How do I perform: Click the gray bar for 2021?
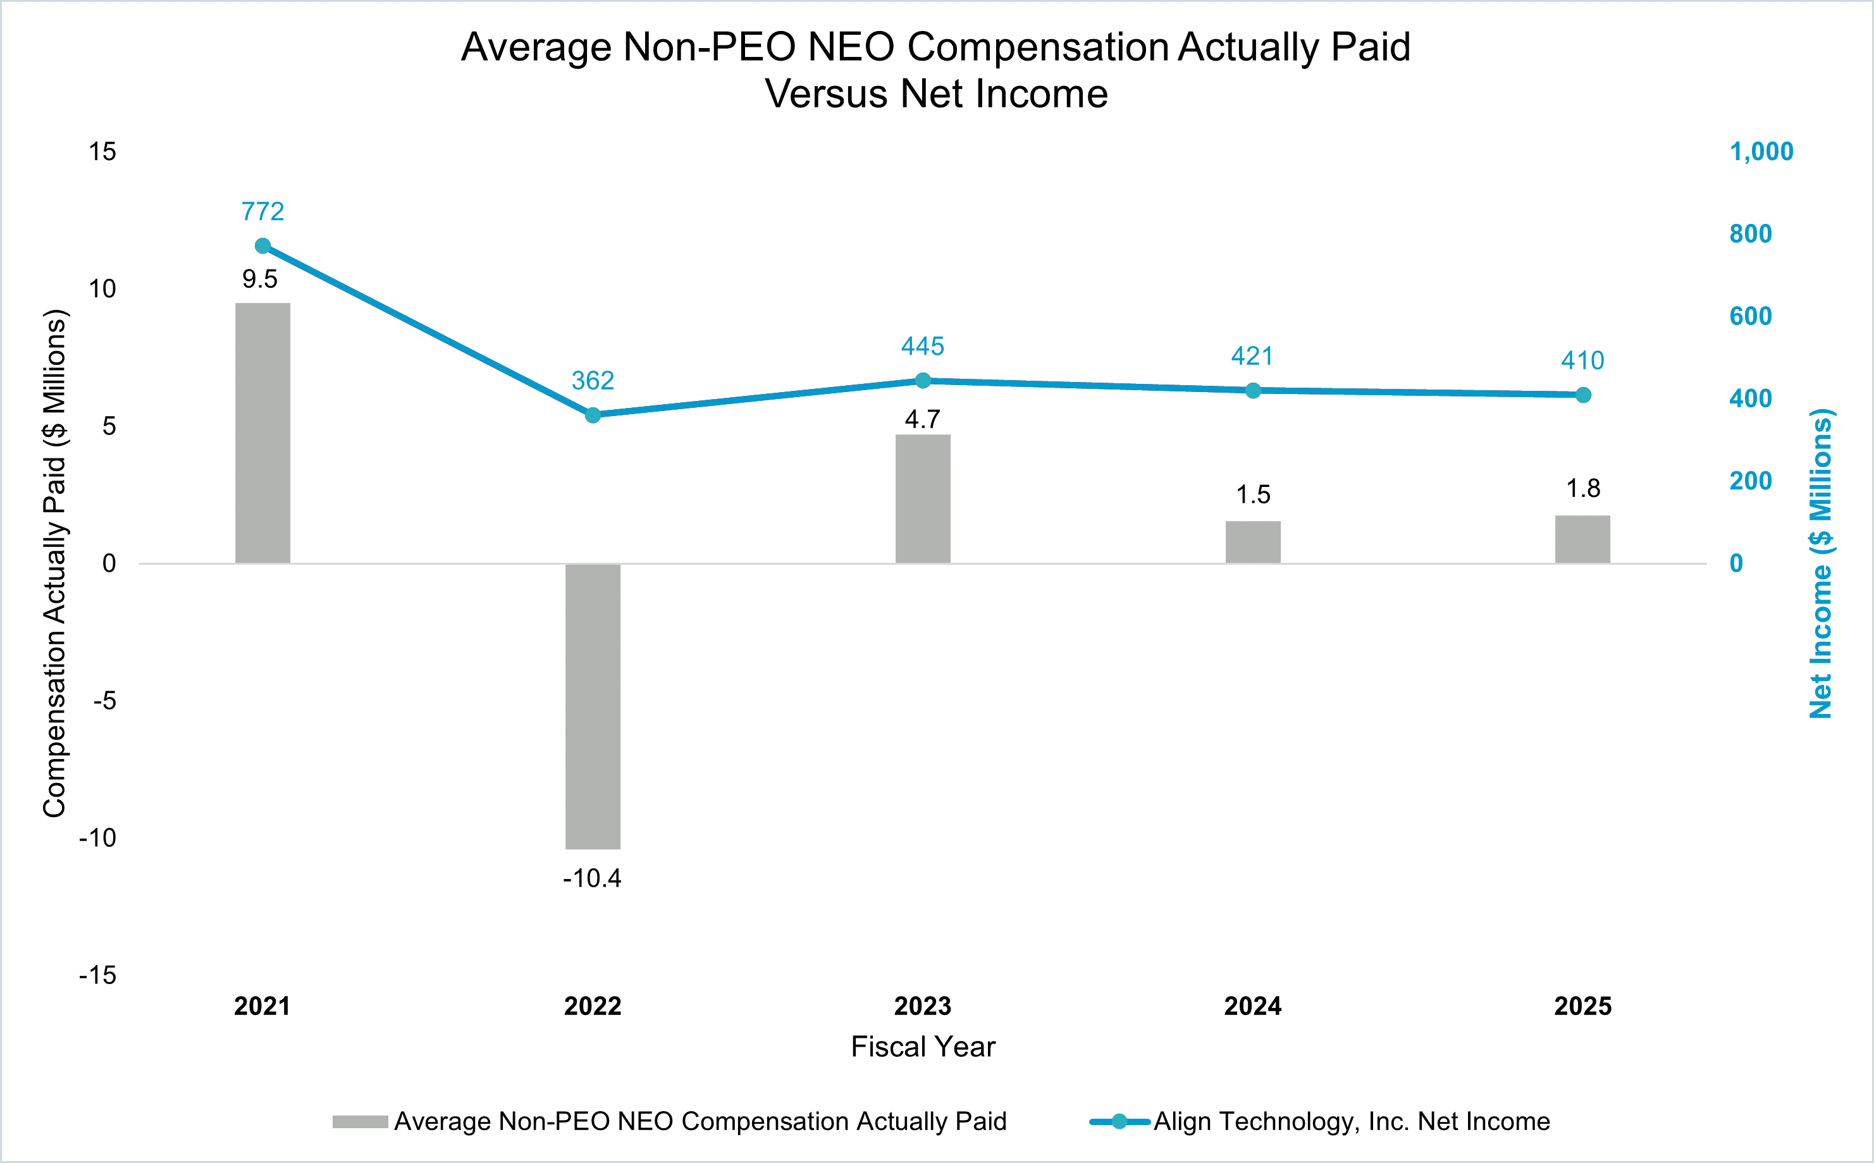[x=262, y=433]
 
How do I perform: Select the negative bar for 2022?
[x=593, y=706]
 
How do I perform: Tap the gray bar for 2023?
[x=922, y=498]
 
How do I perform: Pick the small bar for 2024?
[x=1252, y=541]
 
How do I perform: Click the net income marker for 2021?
[x=262, y=246]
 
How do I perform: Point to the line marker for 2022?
[x=593, y=415]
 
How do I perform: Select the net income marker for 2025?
[x=1582, y=395]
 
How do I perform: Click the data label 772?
[x=262, y=211]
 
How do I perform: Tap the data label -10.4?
[x=591, y=878]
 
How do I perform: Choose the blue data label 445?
[x=922, y=346]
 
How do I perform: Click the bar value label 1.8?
[x=1582, y=488]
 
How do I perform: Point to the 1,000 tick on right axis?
[x=1761, y=152]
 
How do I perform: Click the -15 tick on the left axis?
[x=97, y=975]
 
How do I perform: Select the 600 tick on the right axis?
[x=1750, y=316]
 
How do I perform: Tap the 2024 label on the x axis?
[x=1252, y=1006]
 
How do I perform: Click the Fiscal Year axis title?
[x=922, y=1047]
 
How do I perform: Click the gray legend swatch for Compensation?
[x=360, y=1121]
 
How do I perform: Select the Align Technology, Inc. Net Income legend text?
[x=1352, y=1121]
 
